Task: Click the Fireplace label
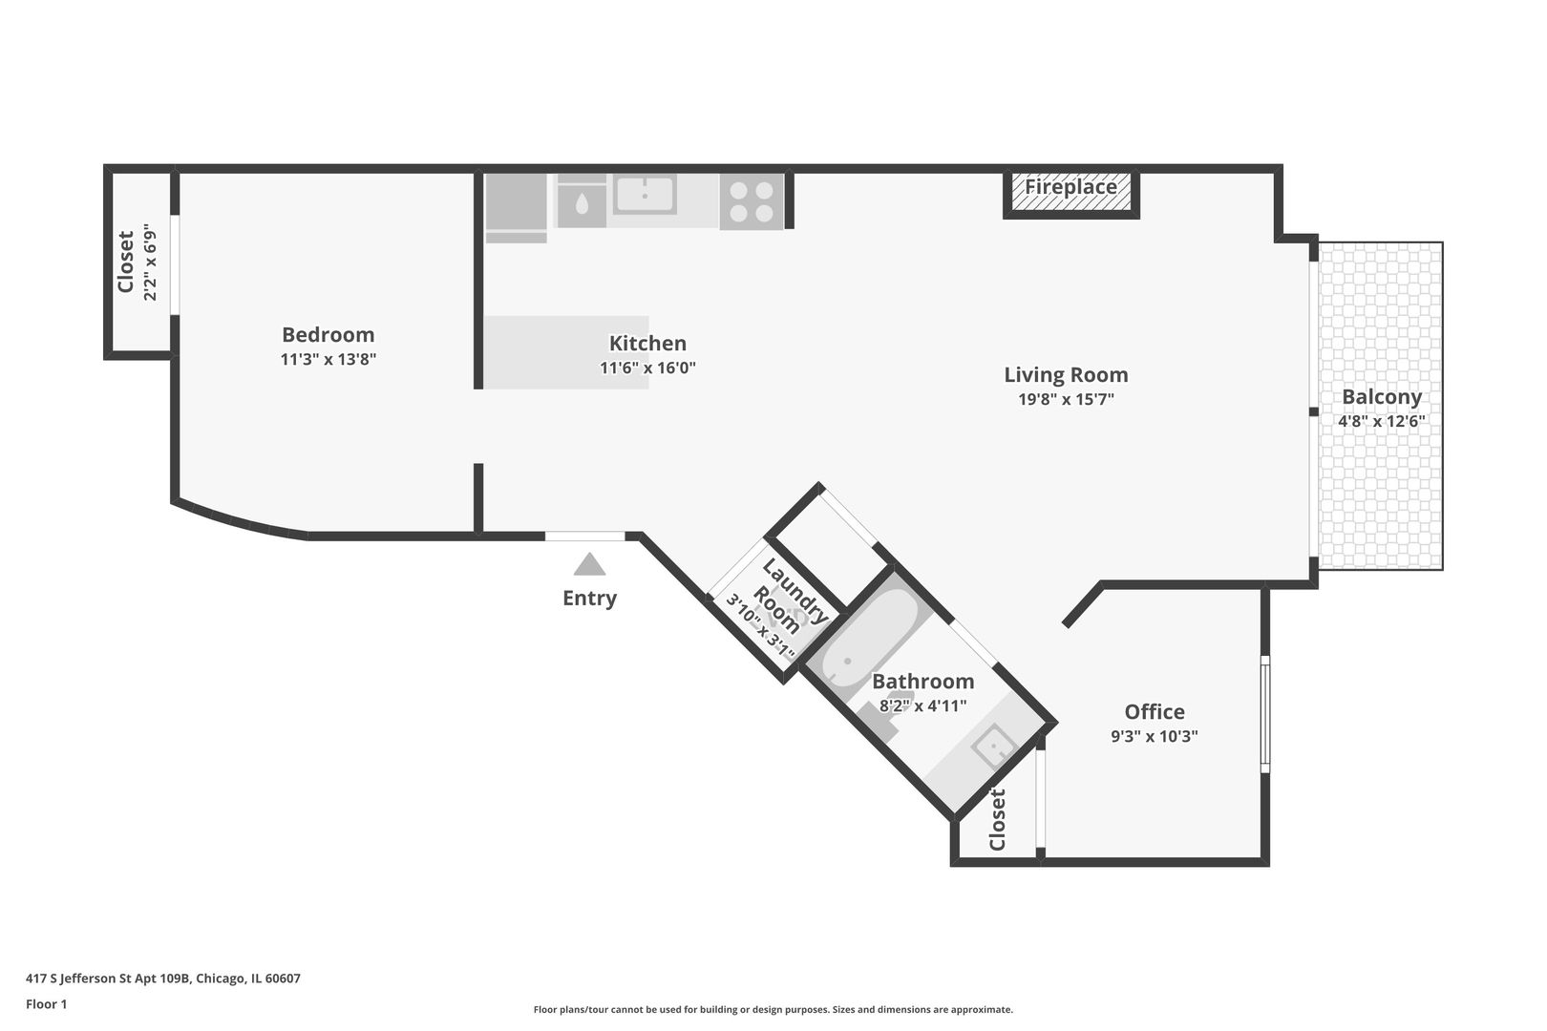1070,187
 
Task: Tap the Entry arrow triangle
589,565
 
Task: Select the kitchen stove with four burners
751,201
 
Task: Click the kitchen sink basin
646,195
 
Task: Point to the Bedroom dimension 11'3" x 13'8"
328,360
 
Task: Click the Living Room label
1066,375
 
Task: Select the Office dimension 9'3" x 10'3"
1154,736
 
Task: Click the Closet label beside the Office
998,819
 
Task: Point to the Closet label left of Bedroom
126,263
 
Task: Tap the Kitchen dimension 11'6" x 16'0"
647,368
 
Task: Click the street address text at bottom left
163,978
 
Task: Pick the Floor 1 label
46,1003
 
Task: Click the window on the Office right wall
1264,713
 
